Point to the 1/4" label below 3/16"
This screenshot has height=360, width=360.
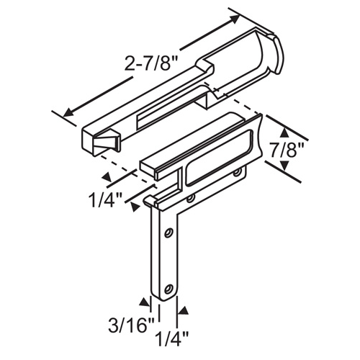point(168,336)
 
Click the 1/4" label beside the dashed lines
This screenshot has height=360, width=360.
point(107,196)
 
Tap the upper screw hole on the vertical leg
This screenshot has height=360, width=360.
point(168,233)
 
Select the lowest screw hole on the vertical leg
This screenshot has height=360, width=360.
point(168,289)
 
